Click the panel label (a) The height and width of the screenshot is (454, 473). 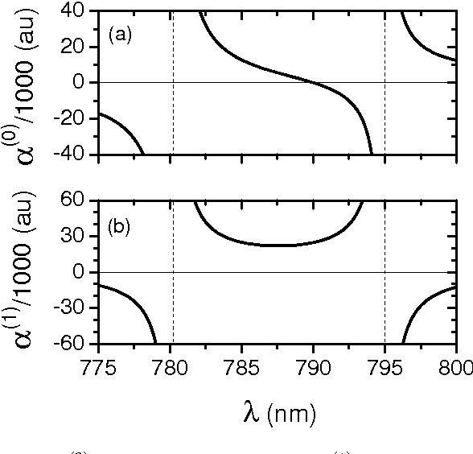pyautogui.click(x=120, y=35)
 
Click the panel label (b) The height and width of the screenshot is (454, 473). pyautogui.click(x=120, y=226)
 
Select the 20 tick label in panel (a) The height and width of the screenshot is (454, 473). pyautogui.click(x=77, y=47)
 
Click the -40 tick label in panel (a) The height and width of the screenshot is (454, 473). pyautogui.click(x=72, y=154)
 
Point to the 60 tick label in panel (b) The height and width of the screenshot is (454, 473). pyautogui.click(x=77, y=201)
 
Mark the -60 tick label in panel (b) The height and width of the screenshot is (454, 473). pyautogui.click(x=72, y=344)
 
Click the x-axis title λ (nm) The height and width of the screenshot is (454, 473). pyautogui.click(x=278, y=413)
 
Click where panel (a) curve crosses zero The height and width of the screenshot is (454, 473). pyautogui.click(x=314, y=82)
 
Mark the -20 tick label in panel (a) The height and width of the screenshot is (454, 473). pyautogui.click(x=72, y=118)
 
